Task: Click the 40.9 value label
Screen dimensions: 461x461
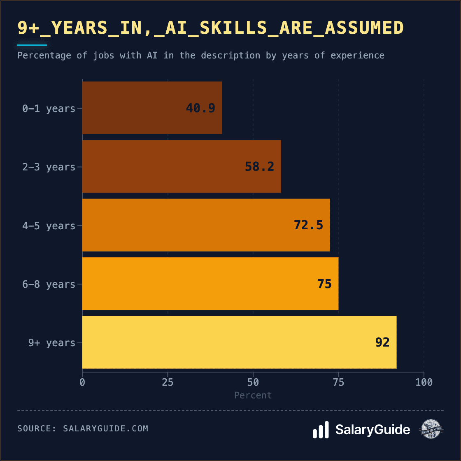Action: (200, 108)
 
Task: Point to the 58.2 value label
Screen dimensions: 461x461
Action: (259, 167)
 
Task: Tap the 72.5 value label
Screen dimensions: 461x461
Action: (308, 225)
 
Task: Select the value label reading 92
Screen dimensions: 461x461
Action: (382, 342)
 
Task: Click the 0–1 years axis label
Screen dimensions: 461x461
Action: (49, 109)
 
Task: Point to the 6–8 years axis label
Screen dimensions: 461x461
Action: (49, 284)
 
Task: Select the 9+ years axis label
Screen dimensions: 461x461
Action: (52, 343)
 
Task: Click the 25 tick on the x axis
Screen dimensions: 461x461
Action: (168, 382)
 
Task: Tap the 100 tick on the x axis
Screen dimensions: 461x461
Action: (424, 382)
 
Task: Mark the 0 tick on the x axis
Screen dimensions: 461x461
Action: (82, 382)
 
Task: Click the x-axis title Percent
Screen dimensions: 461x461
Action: (253, 396)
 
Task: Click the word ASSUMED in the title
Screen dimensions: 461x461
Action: (364, 28)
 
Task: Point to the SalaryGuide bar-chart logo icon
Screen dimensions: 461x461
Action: (321, 430)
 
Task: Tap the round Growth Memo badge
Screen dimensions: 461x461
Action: (431, 429)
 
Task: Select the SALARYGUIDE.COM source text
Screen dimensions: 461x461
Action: (105, 428)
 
